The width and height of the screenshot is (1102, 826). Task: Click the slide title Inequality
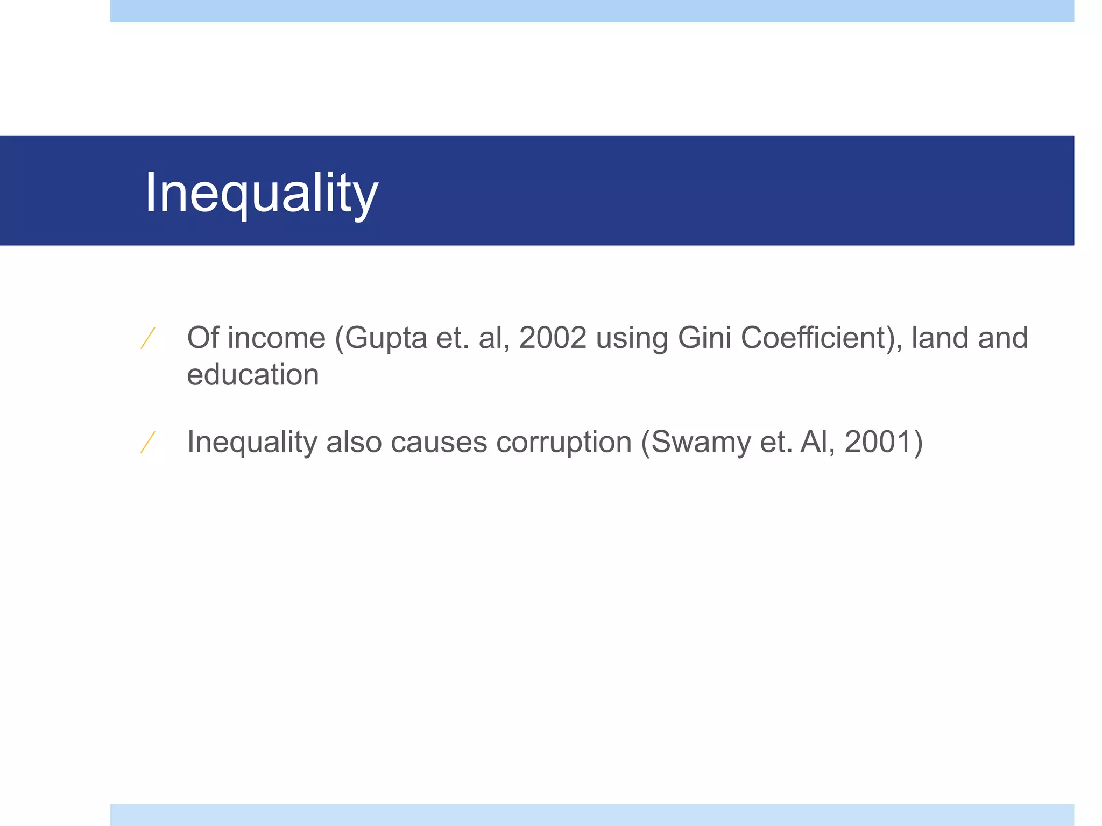[x=262, y=193]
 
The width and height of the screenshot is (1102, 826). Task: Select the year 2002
[x=553, y=338]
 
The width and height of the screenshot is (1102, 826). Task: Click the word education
[x=253, y=374]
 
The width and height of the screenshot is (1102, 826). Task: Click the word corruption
[x=563, y=443]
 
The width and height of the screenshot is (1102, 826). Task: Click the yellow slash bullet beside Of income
[x=148, y=338]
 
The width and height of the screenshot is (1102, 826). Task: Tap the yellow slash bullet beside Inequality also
[x=148, y=442]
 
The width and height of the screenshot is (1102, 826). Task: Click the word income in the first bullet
[x=277, y=338]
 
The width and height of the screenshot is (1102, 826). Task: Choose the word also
[x=354, y=442]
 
